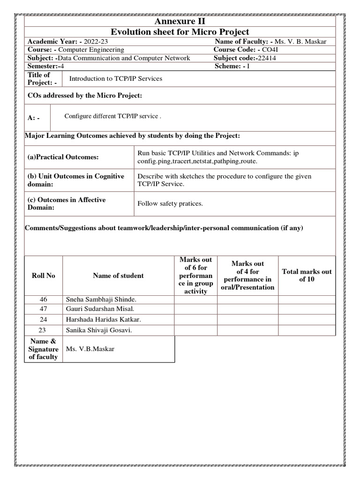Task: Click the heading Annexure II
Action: [180, 22]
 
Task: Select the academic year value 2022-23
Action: [96, 41]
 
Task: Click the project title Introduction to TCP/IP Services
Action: [116, 79]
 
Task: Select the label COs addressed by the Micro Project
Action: [84, 96]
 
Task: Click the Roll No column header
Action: [43, 276]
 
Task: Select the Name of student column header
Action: [118, 276]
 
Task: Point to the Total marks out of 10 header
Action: [307, 276]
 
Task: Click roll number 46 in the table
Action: [43, 300]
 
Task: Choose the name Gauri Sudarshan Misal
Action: [100, 308]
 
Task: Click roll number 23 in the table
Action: [43, 330]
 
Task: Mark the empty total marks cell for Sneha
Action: [307, 300]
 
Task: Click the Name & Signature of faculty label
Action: [43, 349]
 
